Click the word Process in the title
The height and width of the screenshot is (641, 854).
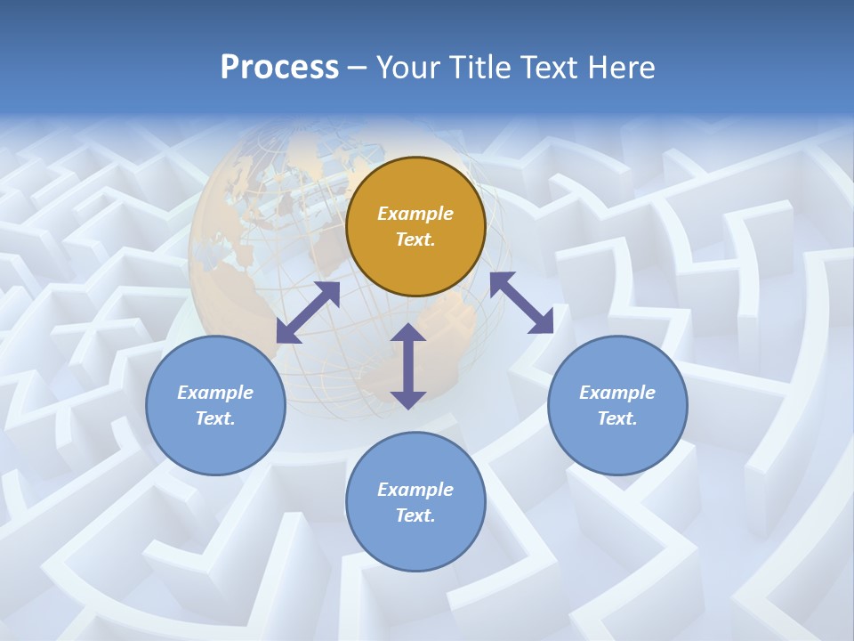279,68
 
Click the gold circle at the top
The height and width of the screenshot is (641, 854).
415,226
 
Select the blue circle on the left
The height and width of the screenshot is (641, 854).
215,405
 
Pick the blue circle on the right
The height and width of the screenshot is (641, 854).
617,405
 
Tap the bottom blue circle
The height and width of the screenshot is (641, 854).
415,502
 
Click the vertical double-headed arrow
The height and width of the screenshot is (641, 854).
408,366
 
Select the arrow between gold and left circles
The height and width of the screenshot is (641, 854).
309,312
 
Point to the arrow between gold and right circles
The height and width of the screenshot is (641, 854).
521,303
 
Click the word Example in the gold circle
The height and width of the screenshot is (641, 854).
415,214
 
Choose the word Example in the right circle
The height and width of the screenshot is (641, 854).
617,393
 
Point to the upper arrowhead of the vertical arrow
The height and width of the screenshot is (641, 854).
408,334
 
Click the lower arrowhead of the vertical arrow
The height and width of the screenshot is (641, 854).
408,398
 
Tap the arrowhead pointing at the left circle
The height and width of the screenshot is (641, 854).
287,332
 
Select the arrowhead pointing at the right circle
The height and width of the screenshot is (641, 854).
542,323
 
